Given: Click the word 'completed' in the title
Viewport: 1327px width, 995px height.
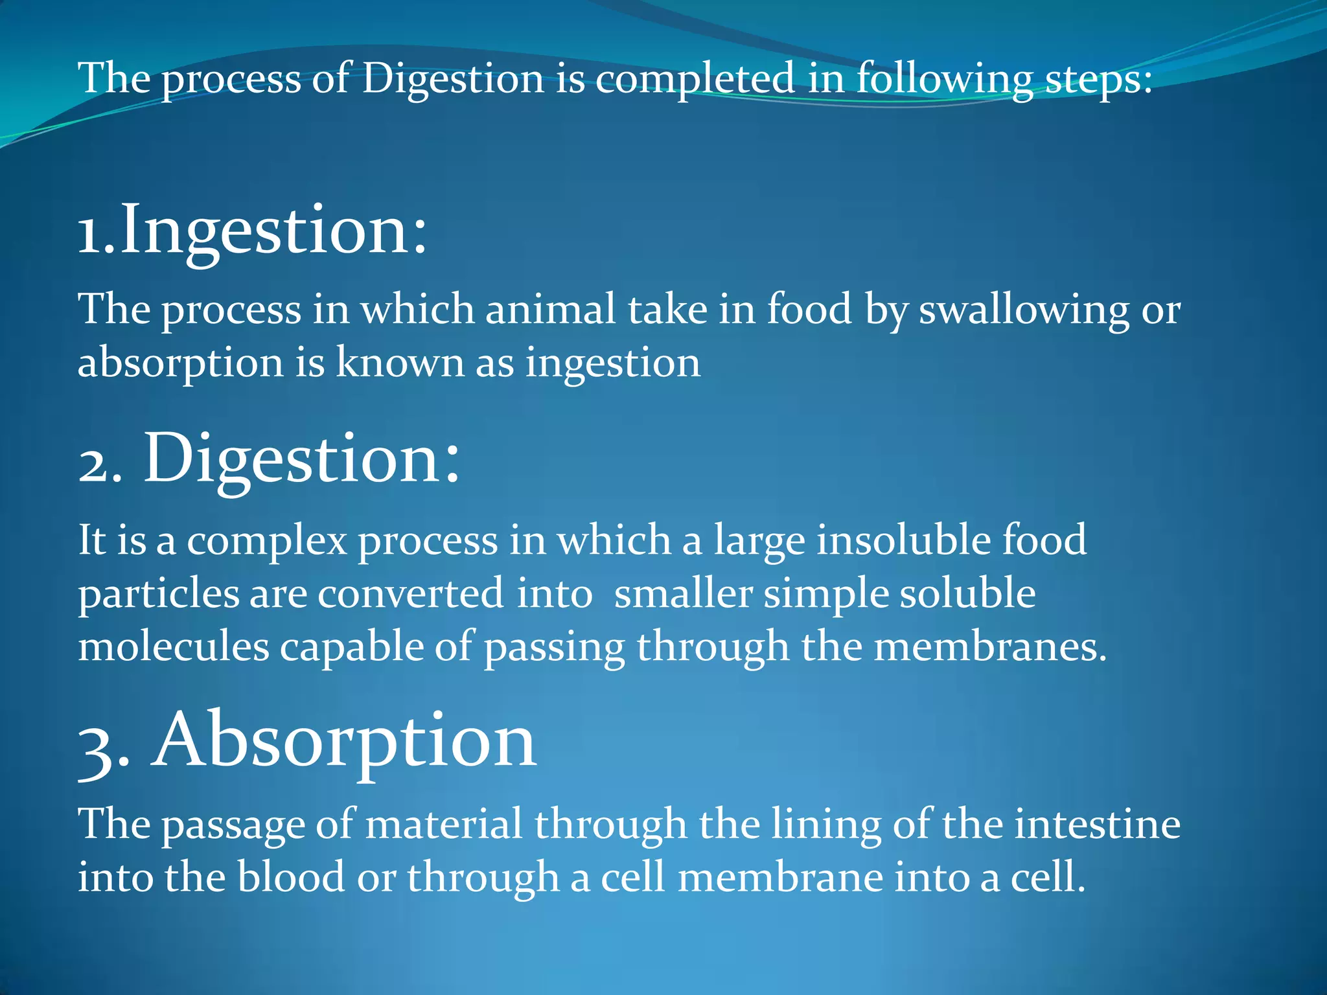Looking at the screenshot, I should (695, 80).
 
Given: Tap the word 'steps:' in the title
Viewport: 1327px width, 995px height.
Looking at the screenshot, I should (1099, 80).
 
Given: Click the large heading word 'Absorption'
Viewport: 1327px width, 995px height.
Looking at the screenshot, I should (344, 740).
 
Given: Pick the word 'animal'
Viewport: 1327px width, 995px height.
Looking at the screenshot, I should (550, 310).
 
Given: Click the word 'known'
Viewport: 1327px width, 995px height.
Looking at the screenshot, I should (400, 363).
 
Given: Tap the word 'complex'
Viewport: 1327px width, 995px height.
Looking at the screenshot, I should (267, 541).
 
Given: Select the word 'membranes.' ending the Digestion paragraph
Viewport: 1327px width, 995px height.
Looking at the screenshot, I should (990, 647).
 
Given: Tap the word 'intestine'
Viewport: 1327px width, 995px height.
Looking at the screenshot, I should (1097, 825).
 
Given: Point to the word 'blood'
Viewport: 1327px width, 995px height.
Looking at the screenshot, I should (291, 878).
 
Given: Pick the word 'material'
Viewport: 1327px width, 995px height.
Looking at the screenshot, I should (444, 825).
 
